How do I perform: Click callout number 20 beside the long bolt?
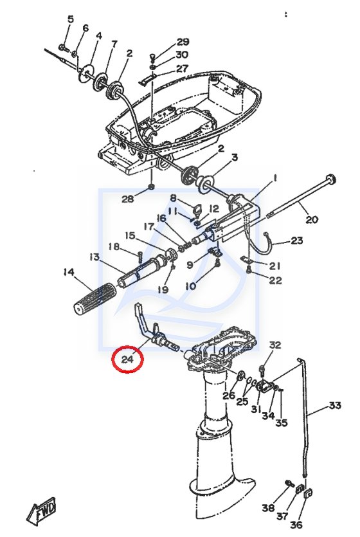pos(312,219)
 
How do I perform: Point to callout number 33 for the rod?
pos(335,405)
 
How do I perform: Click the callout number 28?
pos(128,199)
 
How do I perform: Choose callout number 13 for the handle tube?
pos(94,257)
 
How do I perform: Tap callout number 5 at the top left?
pos(71,19)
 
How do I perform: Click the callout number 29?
pos(183,42)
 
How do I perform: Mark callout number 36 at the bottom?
pos(297,523)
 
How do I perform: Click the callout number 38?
pos(269,507)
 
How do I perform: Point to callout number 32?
pos(274,345)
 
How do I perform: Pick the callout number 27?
pos(182,69)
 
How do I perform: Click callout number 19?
pos(163,289)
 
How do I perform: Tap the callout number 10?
pos(191,286)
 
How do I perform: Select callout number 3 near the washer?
pos(235,158)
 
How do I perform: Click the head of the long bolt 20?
pos(330,179)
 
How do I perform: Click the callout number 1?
pos(274,178)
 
